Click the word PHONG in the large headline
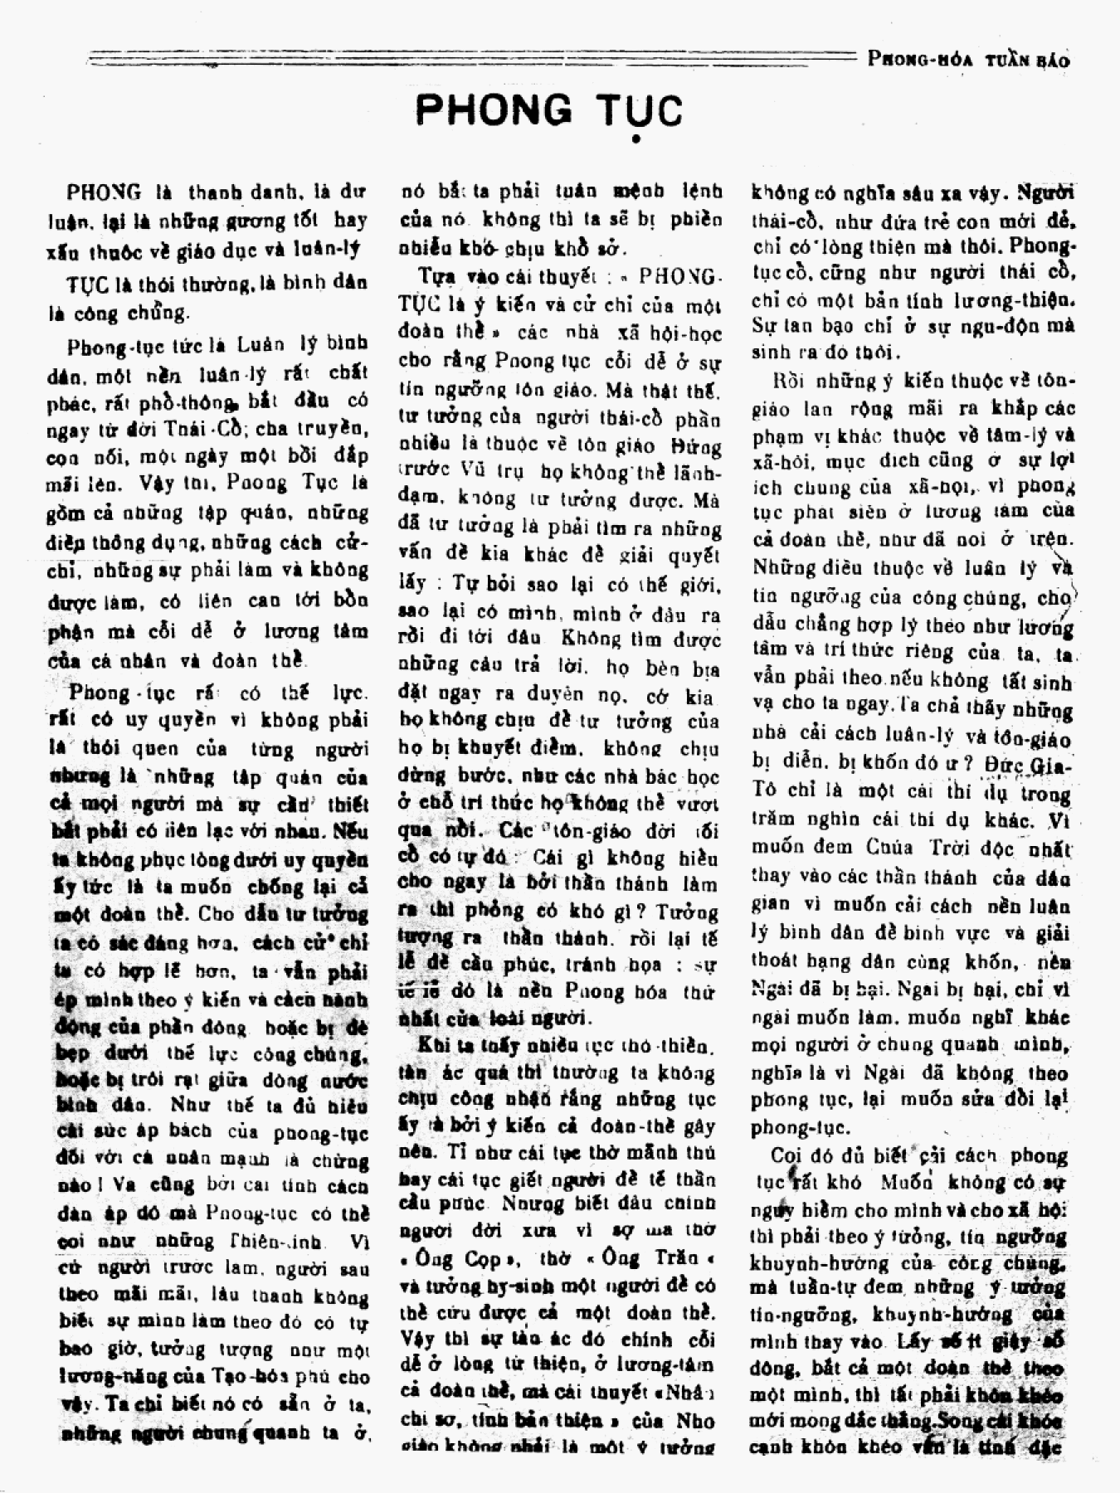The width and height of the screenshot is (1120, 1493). pos(494,110)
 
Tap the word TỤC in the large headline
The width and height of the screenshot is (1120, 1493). pos(635,110)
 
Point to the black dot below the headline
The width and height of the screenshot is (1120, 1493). pos(635,139)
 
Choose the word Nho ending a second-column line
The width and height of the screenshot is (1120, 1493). pos(694,1420)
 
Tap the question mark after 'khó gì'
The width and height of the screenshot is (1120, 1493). pos(643,912)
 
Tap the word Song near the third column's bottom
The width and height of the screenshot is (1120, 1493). pos(954,1420)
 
